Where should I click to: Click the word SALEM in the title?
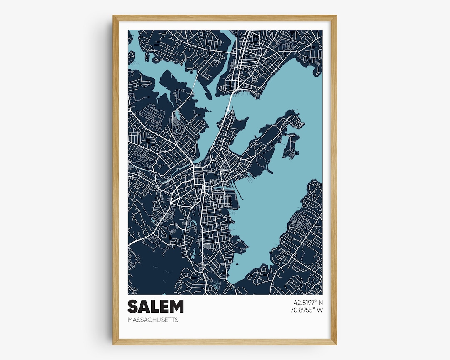(155, 306)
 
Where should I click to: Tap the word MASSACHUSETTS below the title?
(153, 320)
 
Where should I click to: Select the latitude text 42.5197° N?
(305, 302)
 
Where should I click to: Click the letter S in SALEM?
(133, 306)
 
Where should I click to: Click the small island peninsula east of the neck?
(291, 146)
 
